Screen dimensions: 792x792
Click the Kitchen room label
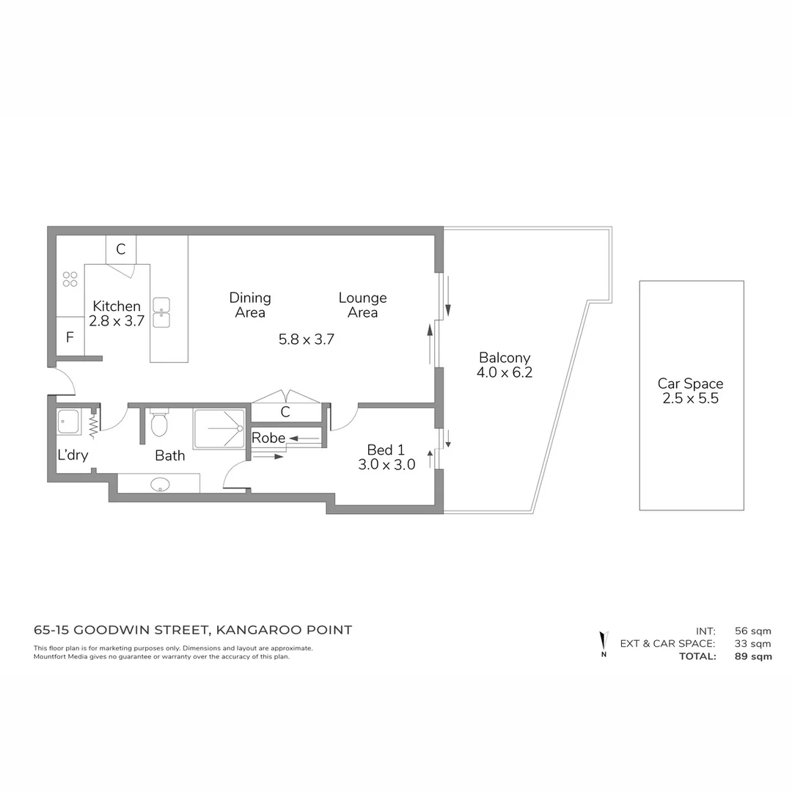pos(117,307)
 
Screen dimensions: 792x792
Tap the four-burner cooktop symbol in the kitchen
pos(70,279)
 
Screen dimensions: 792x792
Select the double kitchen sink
pos(161,313)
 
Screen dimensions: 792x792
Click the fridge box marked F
pos(70,338)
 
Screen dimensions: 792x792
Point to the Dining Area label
pos(250,305)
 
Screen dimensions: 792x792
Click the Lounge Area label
pos(362,305)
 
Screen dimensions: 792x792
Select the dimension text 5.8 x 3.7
pos(307,340)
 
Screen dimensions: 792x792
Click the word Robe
pos(268,438)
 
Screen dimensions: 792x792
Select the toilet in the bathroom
pos(159,422)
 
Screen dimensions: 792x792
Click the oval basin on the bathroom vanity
pos(159,484)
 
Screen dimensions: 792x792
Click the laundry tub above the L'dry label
pos(68,422)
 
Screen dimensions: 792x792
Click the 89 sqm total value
pos(752,656)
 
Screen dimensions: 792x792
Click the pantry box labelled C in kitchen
pos(121,249)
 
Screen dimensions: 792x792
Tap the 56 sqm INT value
pos(752,631)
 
